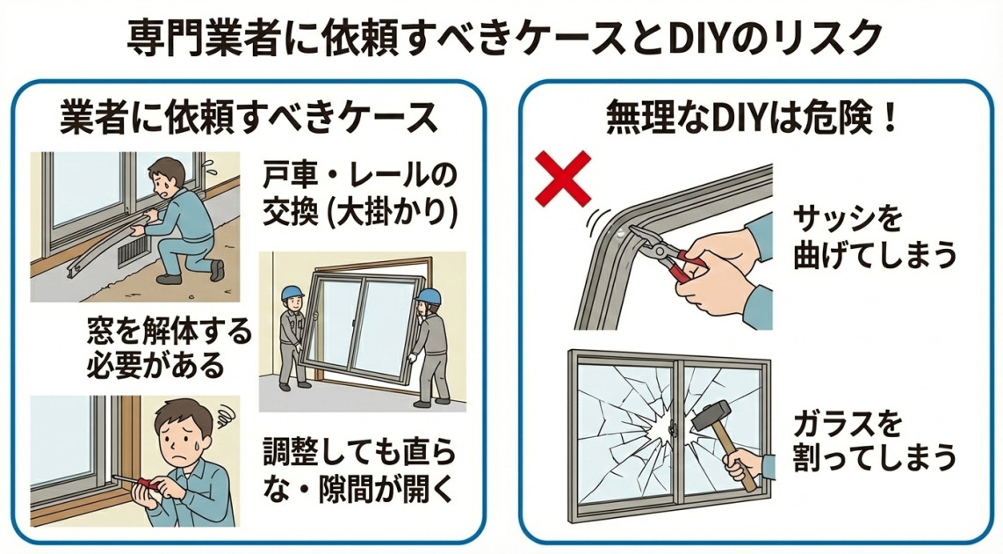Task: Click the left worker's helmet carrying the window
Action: coord(292,293)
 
